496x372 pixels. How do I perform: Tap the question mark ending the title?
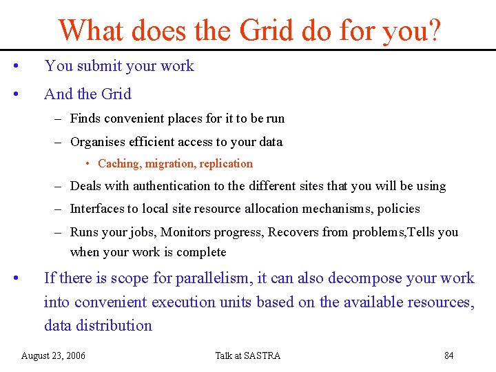coord(435,30)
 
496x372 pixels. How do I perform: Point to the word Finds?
coord(85,118)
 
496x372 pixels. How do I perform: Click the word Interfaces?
coord(96,209)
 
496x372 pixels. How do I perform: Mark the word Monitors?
coord(187,232)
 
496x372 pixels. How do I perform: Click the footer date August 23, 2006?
coord(54,355)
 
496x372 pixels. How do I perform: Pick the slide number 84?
coord(448,355)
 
